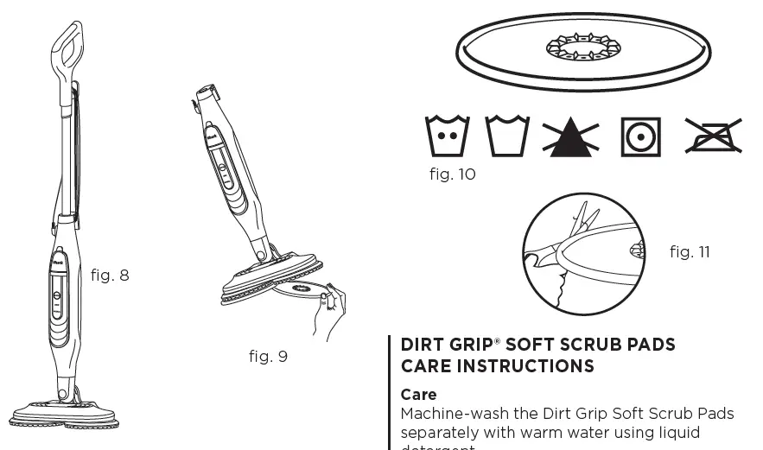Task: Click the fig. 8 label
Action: tap(110, 276)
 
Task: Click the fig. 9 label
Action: tap(268, 357)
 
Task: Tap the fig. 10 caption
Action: tap(452, 174)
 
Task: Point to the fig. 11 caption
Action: tap(690, 252)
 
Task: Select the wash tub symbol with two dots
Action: tap(448, 136)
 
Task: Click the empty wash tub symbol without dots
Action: tap(507, 136)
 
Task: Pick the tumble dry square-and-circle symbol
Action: tap(641, 136)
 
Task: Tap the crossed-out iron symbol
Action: tap(714, 136)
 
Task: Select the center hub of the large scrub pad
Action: tap(583, 47)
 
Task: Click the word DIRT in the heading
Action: tap(422, 345)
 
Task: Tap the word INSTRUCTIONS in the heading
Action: tap(525, 366)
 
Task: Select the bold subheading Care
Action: tap(418, 395)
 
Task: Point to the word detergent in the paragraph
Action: tap(438, 447)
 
